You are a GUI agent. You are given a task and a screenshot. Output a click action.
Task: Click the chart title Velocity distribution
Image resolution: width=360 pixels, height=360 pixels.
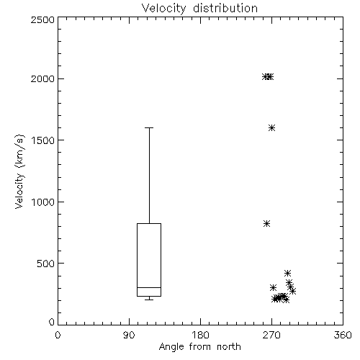199,8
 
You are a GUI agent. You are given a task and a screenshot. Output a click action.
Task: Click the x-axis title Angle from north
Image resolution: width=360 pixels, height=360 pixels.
199,347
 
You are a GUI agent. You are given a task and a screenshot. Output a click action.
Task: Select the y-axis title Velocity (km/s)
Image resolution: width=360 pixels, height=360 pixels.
19,171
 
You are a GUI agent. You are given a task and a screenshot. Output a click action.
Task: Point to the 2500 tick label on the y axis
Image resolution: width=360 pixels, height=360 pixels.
42,19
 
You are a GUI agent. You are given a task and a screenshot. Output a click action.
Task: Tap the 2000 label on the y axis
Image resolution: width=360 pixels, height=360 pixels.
42,78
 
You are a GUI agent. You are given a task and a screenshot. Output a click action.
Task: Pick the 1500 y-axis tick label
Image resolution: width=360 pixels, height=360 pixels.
43,140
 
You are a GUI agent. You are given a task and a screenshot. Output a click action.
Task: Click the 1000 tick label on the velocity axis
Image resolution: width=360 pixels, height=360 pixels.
43,202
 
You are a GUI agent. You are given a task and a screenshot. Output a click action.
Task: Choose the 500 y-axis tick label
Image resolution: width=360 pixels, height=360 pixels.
46,264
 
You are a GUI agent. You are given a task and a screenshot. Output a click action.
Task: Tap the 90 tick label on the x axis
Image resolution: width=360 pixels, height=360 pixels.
129,335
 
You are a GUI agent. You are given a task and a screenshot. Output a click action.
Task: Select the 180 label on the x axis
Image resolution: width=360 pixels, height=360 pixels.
200,335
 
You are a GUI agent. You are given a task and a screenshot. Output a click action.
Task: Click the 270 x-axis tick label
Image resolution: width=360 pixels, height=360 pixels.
271,335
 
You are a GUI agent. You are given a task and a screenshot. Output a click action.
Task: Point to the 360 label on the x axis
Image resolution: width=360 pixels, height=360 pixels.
343,335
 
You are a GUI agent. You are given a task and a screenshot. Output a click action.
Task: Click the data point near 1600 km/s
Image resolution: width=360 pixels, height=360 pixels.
271,128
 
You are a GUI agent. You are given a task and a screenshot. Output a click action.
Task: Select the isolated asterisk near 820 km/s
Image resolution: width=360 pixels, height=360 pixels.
266,224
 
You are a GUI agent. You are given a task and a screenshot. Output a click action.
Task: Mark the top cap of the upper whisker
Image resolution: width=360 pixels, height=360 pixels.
149,128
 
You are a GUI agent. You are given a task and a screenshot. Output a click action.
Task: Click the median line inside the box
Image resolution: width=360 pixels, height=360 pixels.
149,287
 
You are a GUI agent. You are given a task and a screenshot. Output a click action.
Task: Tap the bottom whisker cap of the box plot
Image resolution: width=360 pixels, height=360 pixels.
149,300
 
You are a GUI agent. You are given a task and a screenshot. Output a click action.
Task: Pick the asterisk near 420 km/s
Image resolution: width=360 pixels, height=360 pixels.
287,273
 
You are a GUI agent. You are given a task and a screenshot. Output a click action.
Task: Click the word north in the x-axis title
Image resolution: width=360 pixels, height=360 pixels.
229,347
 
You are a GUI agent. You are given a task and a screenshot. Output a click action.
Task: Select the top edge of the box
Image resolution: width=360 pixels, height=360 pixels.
149,224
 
